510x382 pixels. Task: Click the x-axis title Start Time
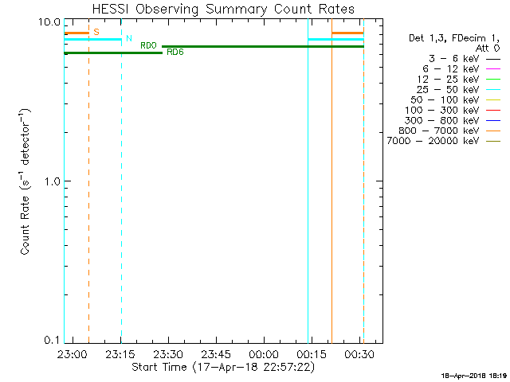223,367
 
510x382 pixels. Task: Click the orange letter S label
96,32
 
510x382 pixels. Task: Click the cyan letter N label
129,38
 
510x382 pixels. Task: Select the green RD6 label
175,53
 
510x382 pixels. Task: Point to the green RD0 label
148,46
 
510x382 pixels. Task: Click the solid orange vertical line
331,191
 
